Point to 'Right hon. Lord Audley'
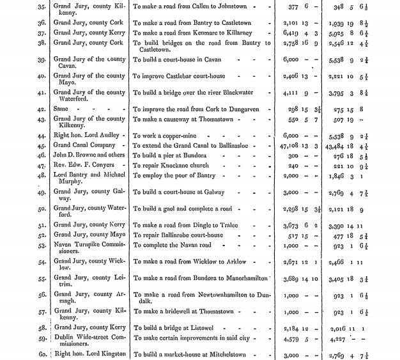tap(87, 136)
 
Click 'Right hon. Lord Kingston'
tap(89, 354)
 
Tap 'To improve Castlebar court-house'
tap(180, 77)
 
